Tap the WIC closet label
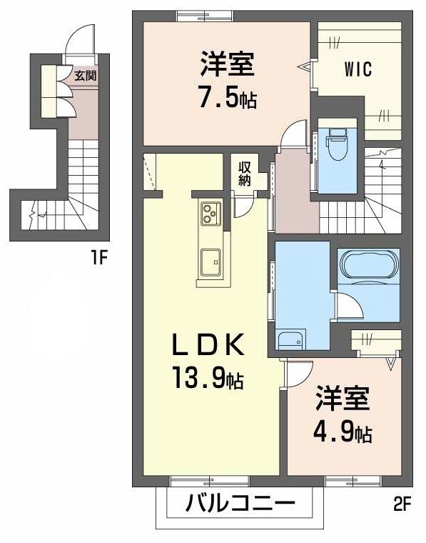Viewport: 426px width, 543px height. coord(357,71)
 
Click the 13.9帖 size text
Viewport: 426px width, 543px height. coord(207,377)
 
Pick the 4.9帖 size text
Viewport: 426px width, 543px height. coord(343,432)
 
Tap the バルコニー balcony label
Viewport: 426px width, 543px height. coord(240,504)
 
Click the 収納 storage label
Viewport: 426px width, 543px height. coord(245,174)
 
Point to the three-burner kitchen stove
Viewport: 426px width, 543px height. coord(211,212)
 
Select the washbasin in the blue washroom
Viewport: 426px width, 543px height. coord(290,341)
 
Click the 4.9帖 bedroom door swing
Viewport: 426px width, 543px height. coord(300,372)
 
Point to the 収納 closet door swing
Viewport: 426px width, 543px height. coord(243,206)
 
